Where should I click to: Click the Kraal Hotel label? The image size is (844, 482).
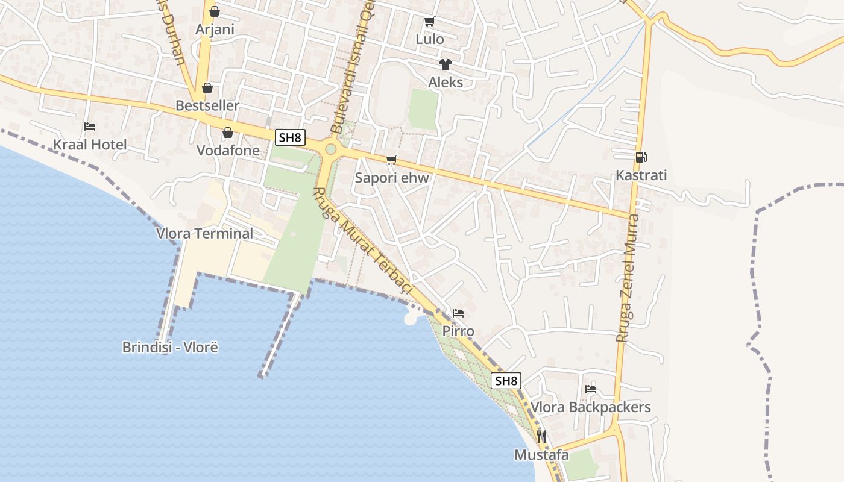(x=90, y=145)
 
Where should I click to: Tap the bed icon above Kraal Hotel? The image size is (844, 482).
(x=90, y=127)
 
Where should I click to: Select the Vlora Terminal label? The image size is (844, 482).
(x=204, y=233)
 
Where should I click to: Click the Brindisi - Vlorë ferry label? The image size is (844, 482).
(x=169, y=347)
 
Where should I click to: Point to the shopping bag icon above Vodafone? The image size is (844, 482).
(x=228, y=133)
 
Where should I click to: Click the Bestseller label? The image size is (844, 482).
(x=207, y=105)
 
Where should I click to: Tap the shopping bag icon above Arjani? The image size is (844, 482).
(x=215, y=11)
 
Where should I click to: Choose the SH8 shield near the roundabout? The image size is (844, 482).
(x=289, y=137)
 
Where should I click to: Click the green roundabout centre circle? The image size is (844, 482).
(x=330, y=149)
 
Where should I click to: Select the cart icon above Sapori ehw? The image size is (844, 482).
(x=392, y=160)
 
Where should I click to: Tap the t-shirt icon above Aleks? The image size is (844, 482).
(x=446, y=64)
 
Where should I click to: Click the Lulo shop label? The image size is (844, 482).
(x=430, y=39)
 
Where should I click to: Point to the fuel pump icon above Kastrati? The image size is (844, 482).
(x=641, y=157)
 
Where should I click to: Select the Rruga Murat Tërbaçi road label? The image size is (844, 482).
(x=362, y=242)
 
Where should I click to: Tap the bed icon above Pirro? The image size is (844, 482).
(x=458, y=313)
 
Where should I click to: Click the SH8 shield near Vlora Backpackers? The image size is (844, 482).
(x=506, y=381)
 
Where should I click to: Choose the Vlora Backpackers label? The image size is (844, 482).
(x=591, y=407)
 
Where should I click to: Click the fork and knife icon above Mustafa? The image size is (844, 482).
(x=541, y=436)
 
